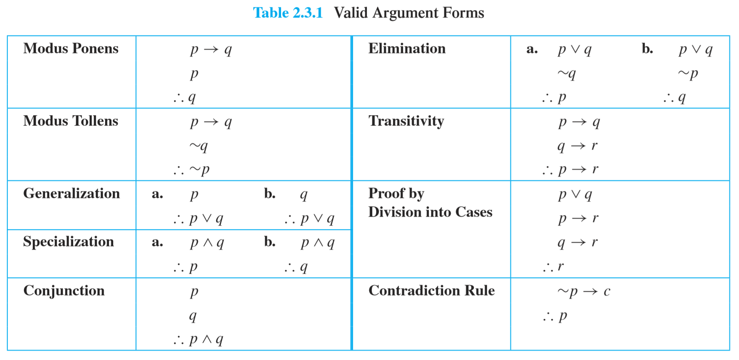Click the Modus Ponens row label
pos(71,49)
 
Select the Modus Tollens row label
pos(70,121)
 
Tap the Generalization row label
pos(72,193)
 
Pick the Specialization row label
pos(69,241)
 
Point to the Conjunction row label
pos(64,290)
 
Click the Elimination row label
pos(407,49)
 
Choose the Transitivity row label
pos(406,121)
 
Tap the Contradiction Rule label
pos(431,290)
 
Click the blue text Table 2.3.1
pos(288,13)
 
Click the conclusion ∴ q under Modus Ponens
pos(185,97)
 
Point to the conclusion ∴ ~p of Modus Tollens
pos(192,169)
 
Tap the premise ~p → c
pos(584,291)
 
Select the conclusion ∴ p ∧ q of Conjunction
pos(198,340)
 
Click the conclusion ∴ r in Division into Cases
pos(553,266)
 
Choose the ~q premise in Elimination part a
pos(567,73)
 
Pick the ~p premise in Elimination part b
pos(688,73)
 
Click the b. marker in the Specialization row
pos(270,242)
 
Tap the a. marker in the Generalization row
pos(157,194)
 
